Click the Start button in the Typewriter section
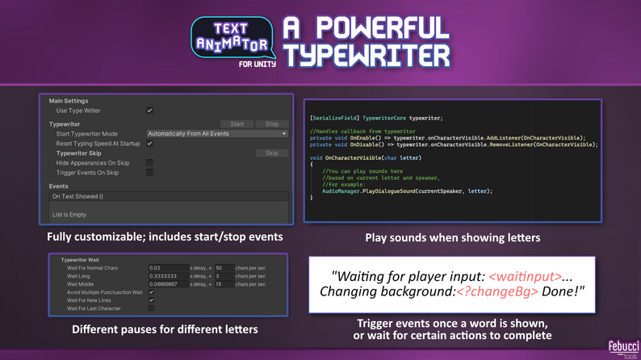tap(237, 124)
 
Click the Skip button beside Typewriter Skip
tap(271, 153)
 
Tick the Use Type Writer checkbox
tap(149, 111)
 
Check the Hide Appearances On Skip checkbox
tap(149, 162)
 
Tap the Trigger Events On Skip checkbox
tap(149, 172)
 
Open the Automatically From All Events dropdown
tap(217, 134)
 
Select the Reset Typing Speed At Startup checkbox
tap(149, 144)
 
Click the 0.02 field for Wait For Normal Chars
tap(168, 268)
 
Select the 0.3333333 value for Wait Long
tap(168, 276)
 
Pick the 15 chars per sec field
tap(224, 284)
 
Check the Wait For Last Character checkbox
tap(151, 308)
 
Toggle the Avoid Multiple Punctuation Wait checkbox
tap(151, 292)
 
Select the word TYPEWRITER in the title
tap(367, 55)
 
